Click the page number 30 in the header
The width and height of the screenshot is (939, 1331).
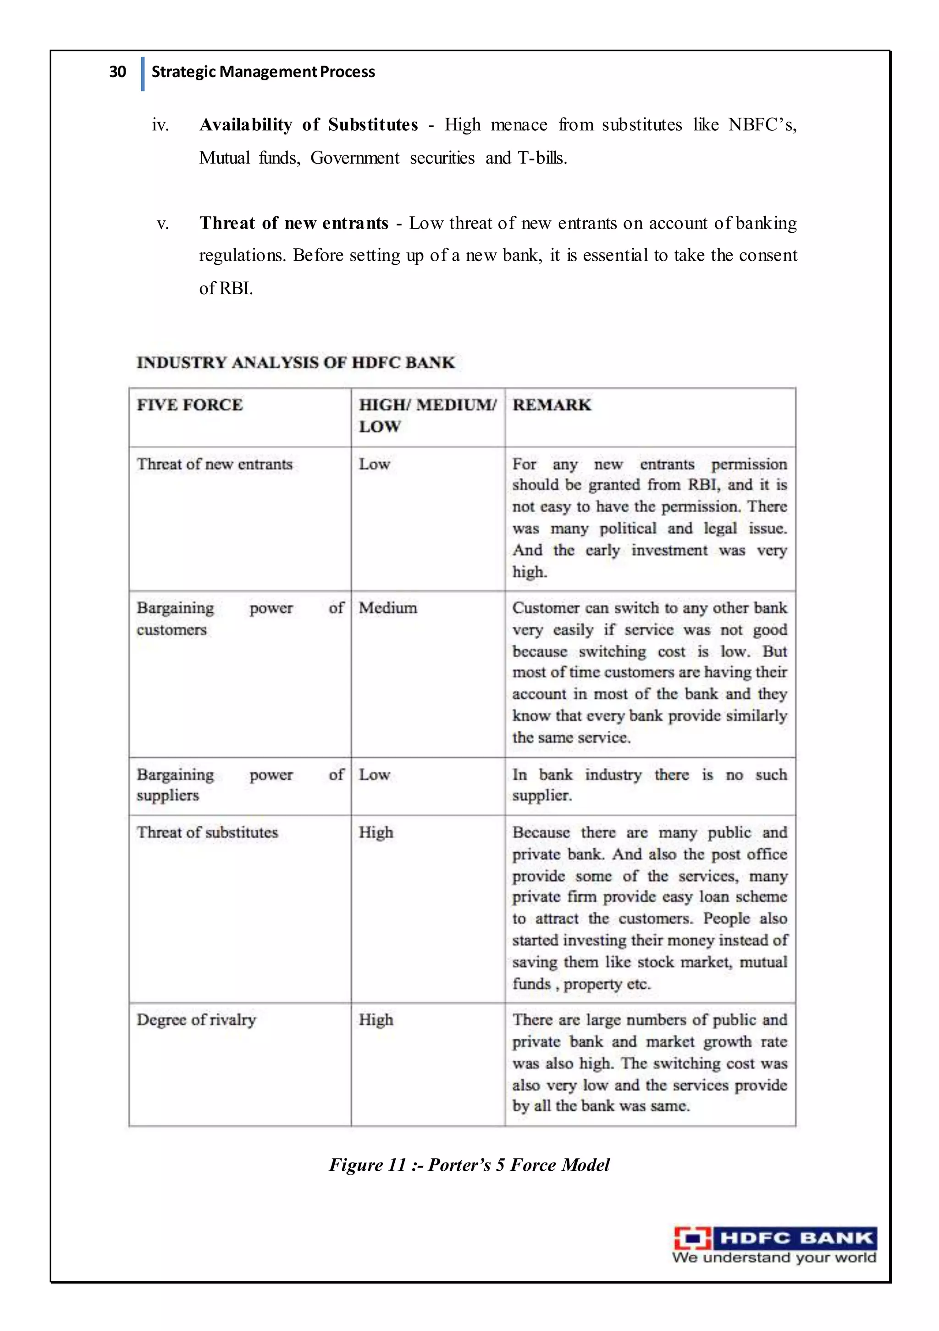[117, 72]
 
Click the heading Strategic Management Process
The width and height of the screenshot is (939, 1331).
[263, 72]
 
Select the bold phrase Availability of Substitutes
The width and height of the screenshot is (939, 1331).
[308, 125]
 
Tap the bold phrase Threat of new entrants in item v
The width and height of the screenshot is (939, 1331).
[294, 223]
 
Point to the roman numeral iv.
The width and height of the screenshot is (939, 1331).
[160, 125]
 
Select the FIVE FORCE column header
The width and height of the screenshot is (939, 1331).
[189, 405]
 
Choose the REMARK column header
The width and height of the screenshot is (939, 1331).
[552, 405]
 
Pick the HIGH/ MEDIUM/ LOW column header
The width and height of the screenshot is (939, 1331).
[427, 415]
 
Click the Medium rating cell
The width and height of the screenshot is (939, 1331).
[387, 608]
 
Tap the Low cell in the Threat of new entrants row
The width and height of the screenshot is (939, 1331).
[374, 464]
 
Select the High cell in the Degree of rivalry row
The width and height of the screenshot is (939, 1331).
[376, 1020]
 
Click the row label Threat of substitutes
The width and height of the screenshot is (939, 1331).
[207, 833]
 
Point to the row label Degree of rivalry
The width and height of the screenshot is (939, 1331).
[196, 1020]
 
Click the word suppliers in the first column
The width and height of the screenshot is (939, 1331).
[167, 795]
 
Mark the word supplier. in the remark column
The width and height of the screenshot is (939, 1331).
[541, 795]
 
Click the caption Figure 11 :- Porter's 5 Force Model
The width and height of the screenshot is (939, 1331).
[469, 1165]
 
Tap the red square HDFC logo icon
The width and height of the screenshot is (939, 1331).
[692, 1238]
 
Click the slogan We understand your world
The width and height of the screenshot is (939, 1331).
[774, 1258]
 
